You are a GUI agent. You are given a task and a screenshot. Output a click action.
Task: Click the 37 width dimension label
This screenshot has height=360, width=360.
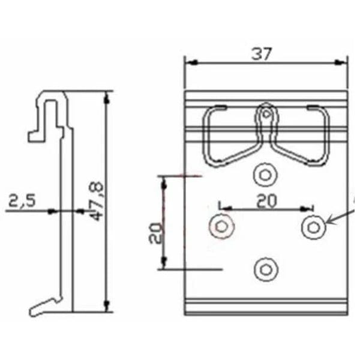click(x=262, y=53)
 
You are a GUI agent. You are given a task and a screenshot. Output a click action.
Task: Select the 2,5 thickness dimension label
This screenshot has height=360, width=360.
click(x=21, y=200)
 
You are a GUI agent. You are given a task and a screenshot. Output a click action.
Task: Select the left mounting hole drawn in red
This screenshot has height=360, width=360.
click(x=221, y=226)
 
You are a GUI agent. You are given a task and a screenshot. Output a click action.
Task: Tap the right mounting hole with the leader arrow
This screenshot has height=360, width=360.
click(x=313, y=227)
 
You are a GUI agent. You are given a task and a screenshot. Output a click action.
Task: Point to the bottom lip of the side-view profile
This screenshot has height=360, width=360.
click(x=44, y=307)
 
